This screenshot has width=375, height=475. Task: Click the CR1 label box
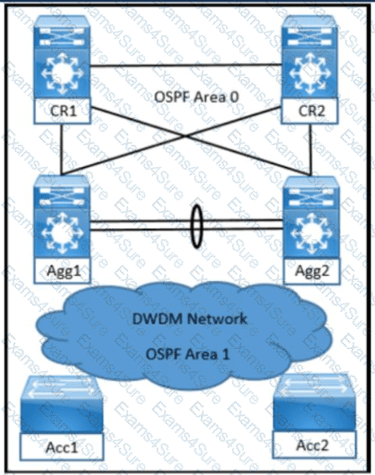click(x=63, y=111)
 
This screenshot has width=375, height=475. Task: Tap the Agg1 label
click(x=63, y=270)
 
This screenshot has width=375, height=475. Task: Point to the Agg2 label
click(x=311, y=270)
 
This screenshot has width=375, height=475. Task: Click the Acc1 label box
click(x=62, y=447)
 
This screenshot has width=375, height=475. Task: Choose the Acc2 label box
click(x=314, y=444)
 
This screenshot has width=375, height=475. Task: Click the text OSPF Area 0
click(x=197, y=97)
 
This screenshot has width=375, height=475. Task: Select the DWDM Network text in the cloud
click(x=190, y=319)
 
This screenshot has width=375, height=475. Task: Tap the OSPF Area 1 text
click(x=188, y=354)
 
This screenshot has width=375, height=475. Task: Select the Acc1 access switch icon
click(x=62, y=405)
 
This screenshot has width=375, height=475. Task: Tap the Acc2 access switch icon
click(x=314, y=402)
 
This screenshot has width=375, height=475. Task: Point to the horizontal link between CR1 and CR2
click(x=186, y=65)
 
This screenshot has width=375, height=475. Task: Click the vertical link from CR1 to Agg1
click(x=62, y=150)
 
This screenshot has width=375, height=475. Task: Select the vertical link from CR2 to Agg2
click(x=311, y=150)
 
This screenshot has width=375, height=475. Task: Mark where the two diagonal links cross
click(x=186, y=136)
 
